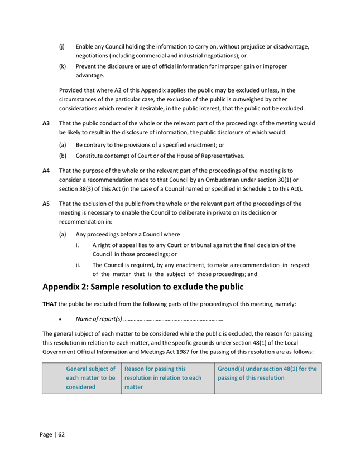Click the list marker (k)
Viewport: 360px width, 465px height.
point(63,67)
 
